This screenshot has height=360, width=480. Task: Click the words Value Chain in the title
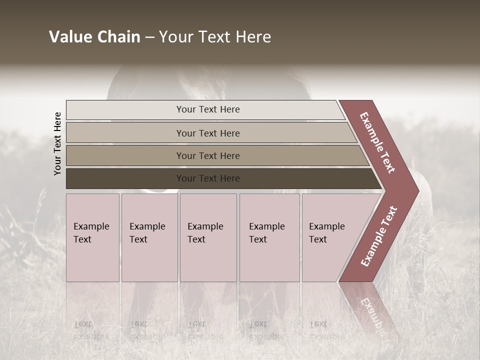coord(94,37)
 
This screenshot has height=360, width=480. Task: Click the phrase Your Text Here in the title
coord(215,37)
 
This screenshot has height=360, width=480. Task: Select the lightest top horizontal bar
coord(125,110)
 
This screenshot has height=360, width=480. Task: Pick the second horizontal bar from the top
coord(125,133)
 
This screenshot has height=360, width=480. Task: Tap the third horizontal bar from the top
coord(125,155)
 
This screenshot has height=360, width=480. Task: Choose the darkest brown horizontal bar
coord(125,178)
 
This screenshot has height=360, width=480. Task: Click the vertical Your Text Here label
coord(57,143)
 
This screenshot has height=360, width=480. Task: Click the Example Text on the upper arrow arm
coord(377,142)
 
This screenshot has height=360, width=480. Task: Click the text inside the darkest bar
coord(208,178)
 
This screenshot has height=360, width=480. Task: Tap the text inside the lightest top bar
coord(208,109)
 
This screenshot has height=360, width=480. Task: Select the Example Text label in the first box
coord(91,233)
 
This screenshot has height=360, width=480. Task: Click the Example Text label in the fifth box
coord(326,233)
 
